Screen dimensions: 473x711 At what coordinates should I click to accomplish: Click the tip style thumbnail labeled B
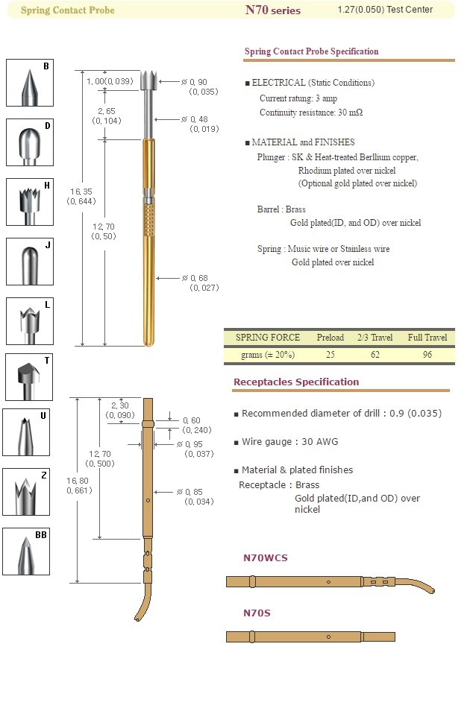click(x=28, y=83)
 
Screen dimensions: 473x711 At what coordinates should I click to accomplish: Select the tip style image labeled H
click(x=28, y=202)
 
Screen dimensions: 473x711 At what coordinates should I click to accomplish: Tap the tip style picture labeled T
click(x=28, y=378)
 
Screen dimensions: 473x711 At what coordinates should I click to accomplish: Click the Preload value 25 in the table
click(x=330, y=355)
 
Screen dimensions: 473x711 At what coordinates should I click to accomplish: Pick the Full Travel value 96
click(x=427, y=355)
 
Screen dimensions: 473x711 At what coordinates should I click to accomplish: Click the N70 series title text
click(x=272, y=10)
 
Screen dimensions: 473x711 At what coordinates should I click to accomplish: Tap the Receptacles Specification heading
click(x=296, y=382)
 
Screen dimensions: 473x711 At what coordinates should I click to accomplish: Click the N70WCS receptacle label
click(x=266, y=557)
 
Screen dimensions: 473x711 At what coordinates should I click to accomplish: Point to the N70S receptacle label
click(x=257, y=613)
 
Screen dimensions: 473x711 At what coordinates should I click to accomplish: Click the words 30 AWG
click(x=319, y=442)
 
